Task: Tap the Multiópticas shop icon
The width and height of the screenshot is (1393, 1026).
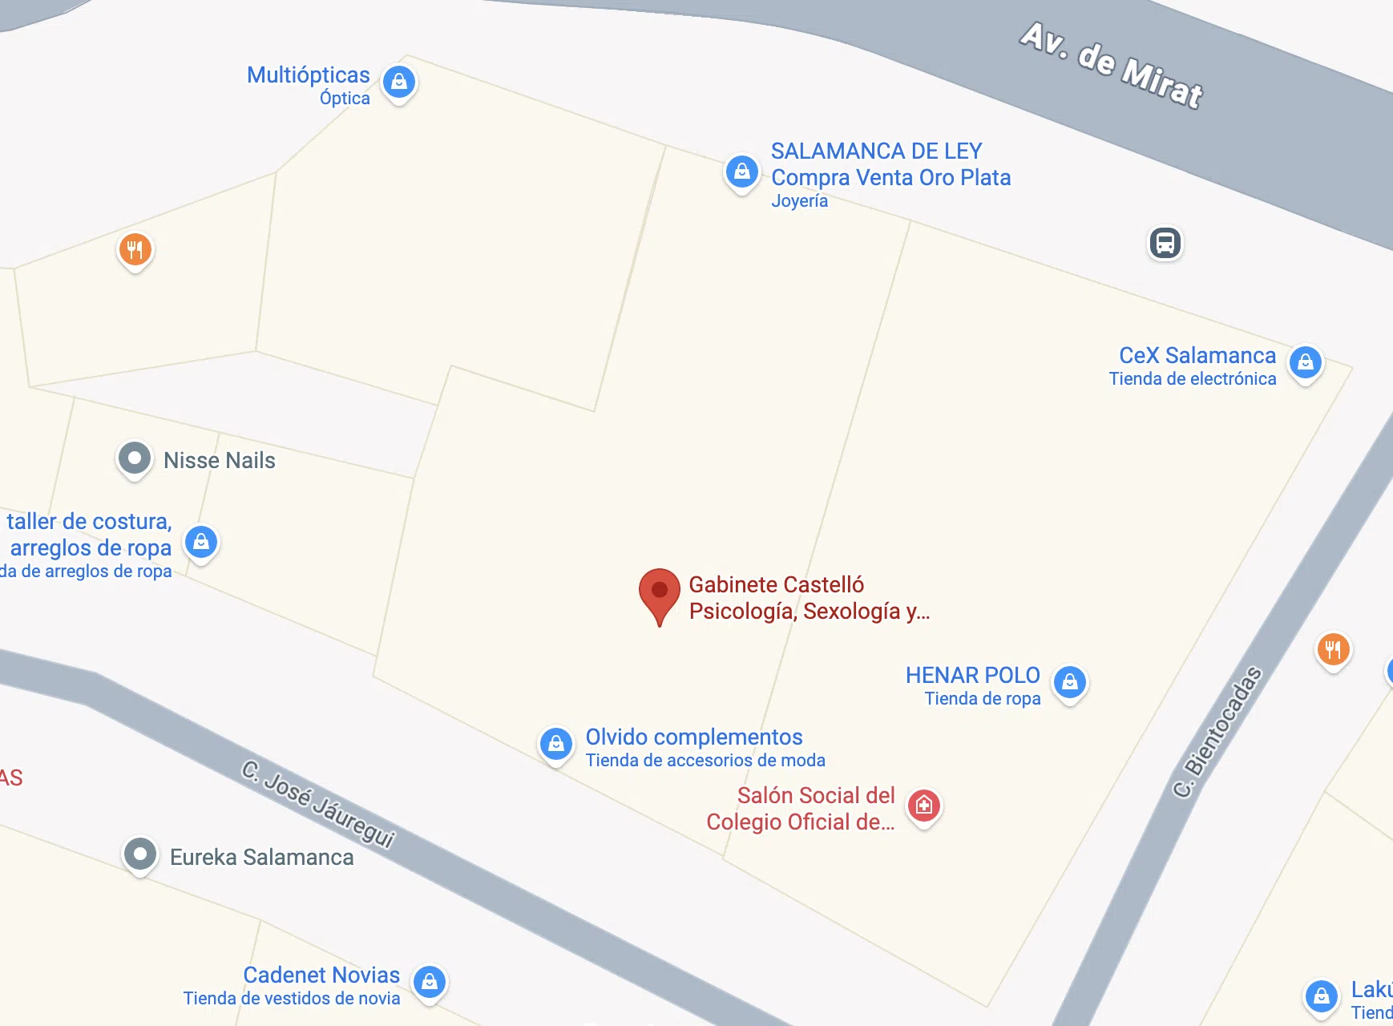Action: [399, 82]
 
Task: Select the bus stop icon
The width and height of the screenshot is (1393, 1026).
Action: [1165, 243]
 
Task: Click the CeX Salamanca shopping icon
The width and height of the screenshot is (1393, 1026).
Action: [1305, 362]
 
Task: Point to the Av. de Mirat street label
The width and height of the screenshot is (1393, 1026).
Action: [1112, 66]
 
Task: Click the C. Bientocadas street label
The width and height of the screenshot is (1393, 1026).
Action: [1217, 732]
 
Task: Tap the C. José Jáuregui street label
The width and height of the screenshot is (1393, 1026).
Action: [318, 804]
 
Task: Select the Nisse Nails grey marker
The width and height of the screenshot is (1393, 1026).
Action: [135, 459]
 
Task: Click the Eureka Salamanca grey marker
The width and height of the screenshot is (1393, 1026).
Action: [140, 854]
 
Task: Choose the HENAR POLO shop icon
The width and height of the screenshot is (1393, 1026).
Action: [1069, 683]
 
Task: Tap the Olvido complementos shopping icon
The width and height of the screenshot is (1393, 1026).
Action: [555, 745]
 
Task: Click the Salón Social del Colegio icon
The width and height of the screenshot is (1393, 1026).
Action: [923, 806]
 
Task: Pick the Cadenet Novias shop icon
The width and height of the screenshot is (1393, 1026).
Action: [430, 982]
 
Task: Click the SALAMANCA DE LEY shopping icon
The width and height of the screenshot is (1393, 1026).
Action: [742, 172]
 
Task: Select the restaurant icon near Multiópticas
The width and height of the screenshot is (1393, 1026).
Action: [135, 250]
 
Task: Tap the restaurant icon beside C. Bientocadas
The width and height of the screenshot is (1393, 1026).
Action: [1333, 650]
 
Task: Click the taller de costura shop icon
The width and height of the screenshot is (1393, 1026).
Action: [201, 543]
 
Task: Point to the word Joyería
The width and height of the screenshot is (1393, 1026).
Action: [799, 200]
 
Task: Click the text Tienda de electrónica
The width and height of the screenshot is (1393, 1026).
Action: [1192, 378]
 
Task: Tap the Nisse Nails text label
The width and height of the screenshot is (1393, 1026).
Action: [219, 460]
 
